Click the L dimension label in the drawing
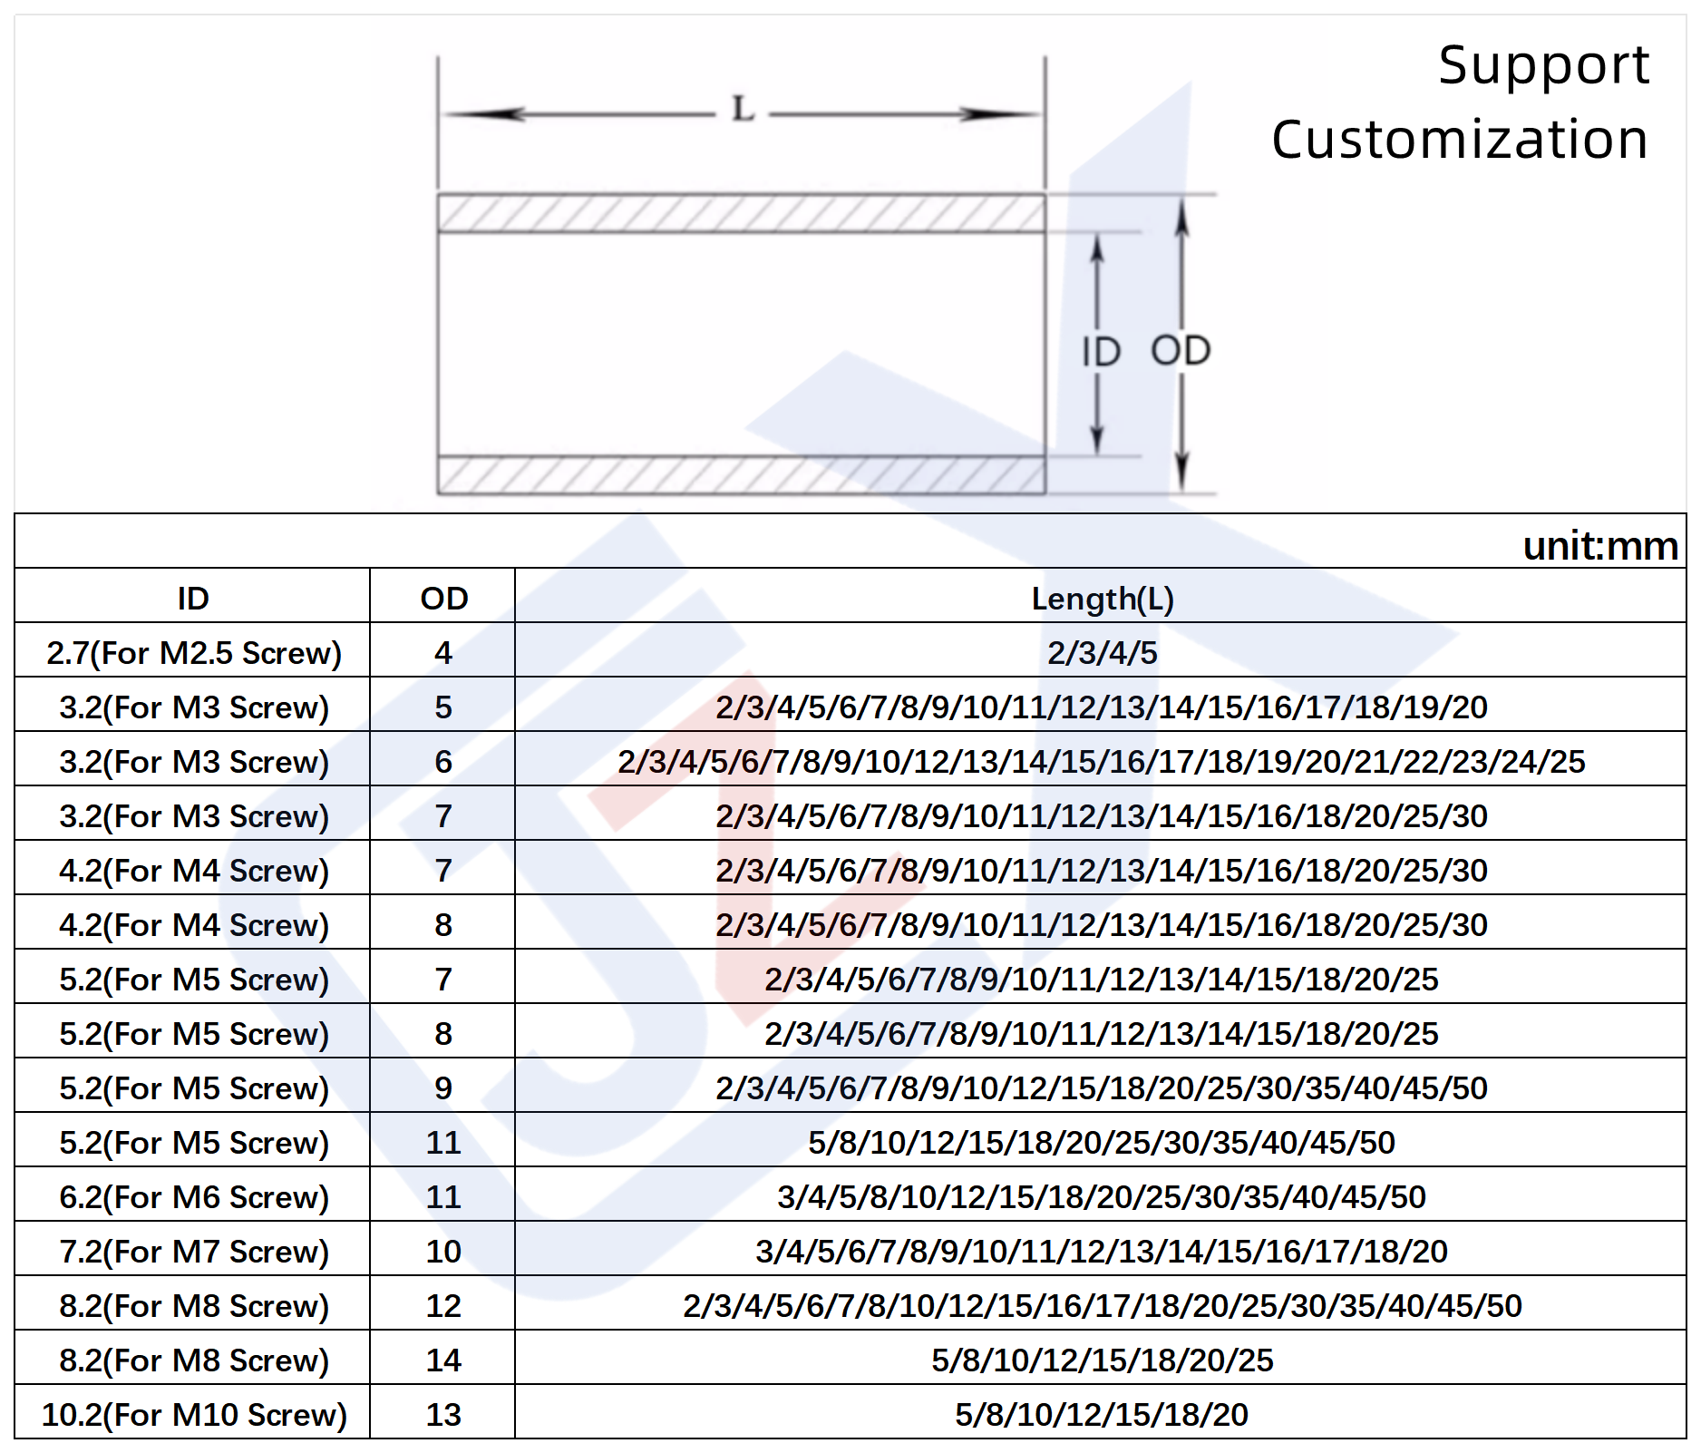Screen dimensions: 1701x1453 (x=744, y=110)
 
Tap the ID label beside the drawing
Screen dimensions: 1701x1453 (x=1101, y=352)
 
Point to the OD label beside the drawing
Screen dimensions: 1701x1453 (x=1181, y=351)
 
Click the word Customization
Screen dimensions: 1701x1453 (x=1459, y=140)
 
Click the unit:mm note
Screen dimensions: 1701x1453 (x=1600, y=546)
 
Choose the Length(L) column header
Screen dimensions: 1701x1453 (x=1103, y=599)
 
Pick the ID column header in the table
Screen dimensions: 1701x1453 (x=193, y=599)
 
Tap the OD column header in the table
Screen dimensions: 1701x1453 (x=443, y=599)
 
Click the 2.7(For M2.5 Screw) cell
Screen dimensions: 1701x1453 (x=194, y=653)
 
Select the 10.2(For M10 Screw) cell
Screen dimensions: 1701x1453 (x=194, y=1415)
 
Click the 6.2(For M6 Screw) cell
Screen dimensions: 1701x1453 (x=194, y=1197)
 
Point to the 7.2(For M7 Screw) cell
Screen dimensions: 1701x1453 (x=194, y=1252)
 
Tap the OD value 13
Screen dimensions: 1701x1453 (x=443, y=1415)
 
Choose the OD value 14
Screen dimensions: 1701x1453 (x=443, y=1360)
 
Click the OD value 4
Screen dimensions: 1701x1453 (x=443, y=653)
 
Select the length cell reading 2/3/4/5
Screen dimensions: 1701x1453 (x=1103, y=653)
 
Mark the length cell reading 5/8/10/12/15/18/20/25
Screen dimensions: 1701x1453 (x=1103, y=1360)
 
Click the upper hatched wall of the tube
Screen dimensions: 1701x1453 (x=741, y=213)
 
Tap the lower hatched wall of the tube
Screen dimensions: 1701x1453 (x=741, y=475)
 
